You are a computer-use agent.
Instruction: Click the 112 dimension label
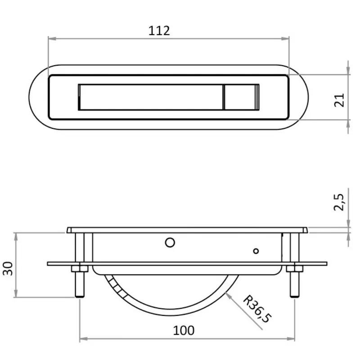pos(159,31)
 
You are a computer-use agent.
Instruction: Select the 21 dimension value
pos(339,100)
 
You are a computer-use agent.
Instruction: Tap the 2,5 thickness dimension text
pos(339,202)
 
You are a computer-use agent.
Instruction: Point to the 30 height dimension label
pos(8,268)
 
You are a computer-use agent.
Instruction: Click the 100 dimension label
pos(184,331)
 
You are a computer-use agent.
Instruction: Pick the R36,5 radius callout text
pos(257,309)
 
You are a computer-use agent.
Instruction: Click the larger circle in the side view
pos(170,243)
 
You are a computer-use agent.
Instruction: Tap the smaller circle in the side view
pos(256,251)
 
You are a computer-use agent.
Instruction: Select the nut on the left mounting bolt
pos(80,269)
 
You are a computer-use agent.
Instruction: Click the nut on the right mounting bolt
pos(295,269)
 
